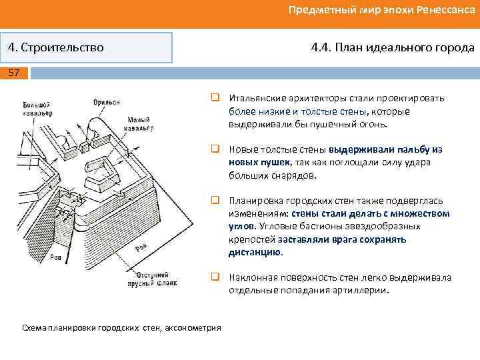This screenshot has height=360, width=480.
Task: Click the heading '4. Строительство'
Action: [56, 48]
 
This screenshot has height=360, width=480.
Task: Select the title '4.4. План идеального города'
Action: [393, 48]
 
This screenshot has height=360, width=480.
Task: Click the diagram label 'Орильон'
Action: [107, 102]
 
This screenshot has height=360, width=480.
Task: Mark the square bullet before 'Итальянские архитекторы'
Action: [217, 98]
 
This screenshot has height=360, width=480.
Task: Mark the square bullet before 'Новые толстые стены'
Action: [217, 149]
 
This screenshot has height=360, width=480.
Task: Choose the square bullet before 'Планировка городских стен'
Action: [217, 201]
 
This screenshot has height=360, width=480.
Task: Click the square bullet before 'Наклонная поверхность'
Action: [217, 277]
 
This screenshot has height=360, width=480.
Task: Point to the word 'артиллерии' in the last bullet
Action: [365, 291]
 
